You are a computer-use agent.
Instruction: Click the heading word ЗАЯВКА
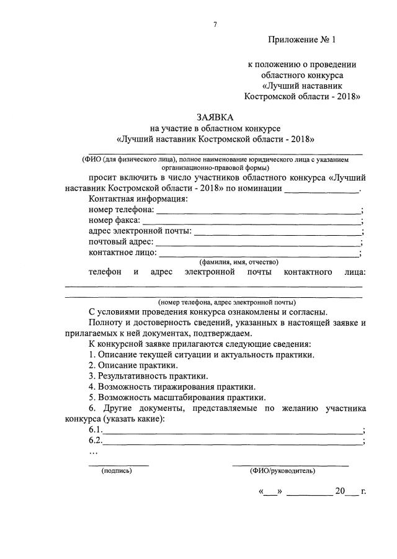(215, 117)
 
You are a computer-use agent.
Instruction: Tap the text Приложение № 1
(301, 40)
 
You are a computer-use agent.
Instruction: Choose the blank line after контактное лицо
(259, 255)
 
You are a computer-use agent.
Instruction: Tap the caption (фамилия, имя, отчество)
(238, 262)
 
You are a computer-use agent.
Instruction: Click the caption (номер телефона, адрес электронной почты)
(226, 302)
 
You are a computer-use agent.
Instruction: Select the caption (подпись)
(117, 471)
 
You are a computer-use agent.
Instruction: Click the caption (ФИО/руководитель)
(282, 471)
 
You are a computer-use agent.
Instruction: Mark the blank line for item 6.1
(233, 433)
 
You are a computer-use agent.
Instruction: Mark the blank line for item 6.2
(233, 444)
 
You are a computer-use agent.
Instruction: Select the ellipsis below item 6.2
(94, 452)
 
